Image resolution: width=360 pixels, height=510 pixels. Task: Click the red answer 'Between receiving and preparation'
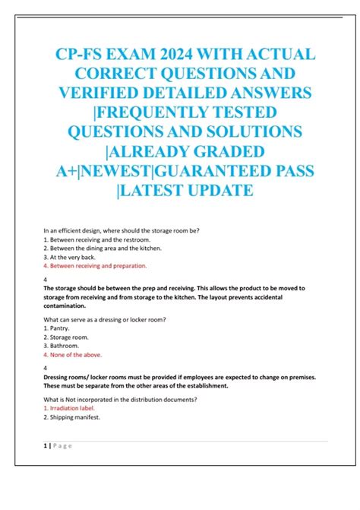point(97,266)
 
